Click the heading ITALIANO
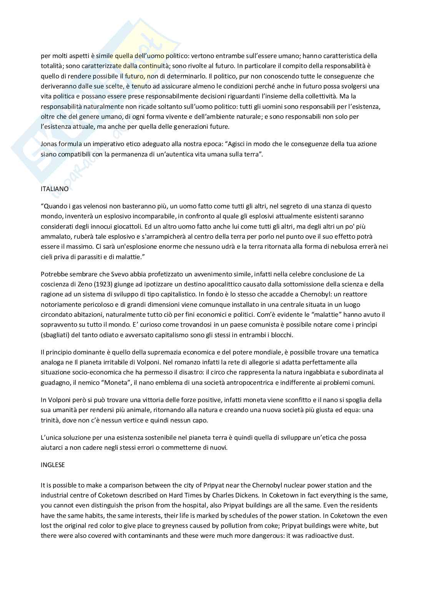click(x=55, y=189)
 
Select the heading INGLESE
click(x=53, y=465)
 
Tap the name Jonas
click(x=49, y=144)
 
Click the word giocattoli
click(x=134, y=226)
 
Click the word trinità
click(x=51, y=420)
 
